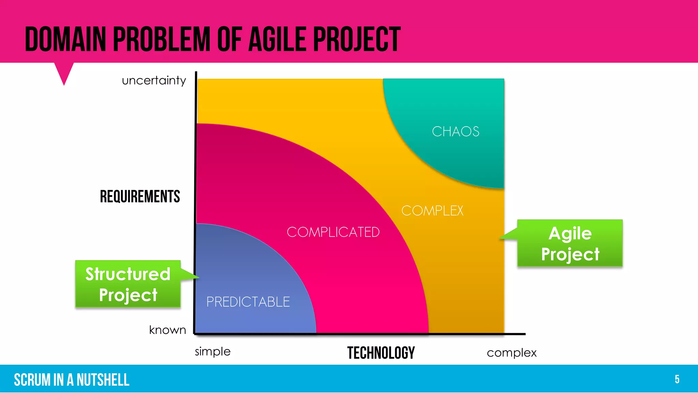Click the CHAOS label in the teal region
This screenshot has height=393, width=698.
pos(455,131)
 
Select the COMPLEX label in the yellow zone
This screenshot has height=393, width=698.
pos(432,210)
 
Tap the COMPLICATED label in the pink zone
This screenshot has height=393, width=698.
pos(333,232)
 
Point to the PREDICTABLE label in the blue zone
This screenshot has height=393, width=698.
pos(248,302)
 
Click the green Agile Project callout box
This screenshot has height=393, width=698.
pos(570,243)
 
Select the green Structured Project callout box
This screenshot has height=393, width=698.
pos(128,284)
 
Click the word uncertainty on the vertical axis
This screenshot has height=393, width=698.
pos(154,81)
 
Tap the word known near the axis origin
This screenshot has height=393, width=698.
pos(167,330)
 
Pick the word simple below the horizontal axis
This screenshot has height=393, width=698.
pos(213,351)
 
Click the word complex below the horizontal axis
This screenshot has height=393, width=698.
pos(512,353)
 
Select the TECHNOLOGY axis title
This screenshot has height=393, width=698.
pos(381,353)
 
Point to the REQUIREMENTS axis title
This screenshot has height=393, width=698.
pos(140,196)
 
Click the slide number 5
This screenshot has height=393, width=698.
pos(677,379)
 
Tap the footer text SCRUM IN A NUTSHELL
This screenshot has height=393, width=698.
pos(72,380)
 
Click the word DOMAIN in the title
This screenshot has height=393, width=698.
pos(65,40)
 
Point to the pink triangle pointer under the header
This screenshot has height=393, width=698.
pos(64,72)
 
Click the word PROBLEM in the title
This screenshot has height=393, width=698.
pos(162,40)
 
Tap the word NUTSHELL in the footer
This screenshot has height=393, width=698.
pos(103,380)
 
